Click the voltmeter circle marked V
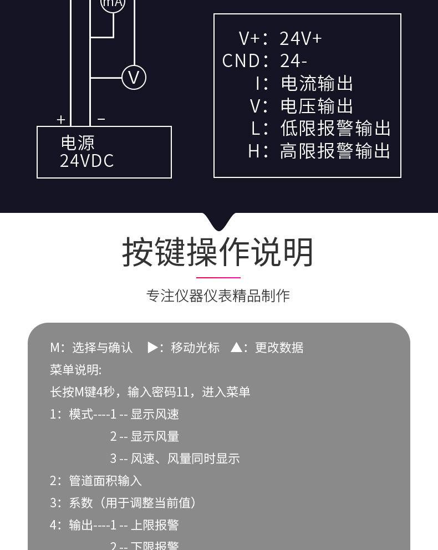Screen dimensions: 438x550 134,77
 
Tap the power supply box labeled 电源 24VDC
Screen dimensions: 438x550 104,152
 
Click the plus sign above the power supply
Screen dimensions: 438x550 61,119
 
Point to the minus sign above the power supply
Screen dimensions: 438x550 101,119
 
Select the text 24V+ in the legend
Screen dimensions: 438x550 301,39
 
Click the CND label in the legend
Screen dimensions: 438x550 241,60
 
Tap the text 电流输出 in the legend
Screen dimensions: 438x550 317,83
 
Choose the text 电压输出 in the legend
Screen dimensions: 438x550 317,106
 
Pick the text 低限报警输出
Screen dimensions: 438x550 335,128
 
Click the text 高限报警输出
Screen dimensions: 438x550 335,151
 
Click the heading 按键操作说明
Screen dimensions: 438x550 218,253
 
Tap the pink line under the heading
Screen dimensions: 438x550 218,277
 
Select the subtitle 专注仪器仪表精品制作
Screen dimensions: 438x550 218,296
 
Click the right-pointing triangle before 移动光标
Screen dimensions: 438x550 153,348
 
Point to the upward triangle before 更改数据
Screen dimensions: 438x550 237,348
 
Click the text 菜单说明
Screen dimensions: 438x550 75,370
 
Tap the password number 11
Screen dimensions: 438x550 183,392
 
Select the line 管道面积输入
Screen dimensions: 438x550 105,481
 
